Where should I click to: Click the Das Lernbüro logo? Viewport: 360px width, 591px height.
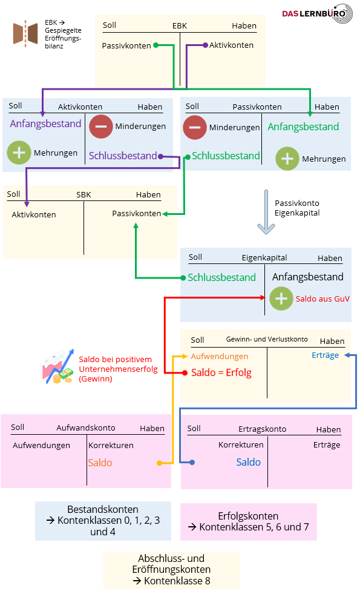(318, 14)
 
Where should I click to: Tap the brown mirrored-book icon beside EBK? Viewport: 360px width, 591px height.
(25, 33)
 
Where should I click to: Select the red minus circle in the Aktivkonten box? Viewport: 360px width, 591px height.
(101, 127)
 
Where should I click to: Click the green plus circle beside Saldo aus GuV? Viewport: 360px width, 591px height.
(281, 299)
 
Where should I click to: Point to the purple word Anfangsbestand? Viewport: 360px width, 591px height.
(45, 124)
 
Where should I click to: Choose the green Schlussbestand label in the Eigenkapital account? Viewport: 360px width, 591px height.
(222, 277)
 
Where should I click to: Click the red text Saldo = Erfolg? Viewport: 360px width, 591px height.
(221, 372)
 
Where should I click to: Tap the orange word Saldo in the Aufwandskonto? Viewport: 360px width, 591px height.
(100, 463)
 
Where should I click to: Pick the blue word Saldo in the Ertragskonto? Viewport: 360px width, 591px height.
(249, 462)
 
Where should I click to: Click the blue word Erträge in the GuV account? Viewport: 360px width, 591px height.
(326, 355)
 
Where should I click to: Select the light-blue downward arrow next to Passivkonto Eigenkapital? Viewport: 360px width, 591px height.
(266, 212)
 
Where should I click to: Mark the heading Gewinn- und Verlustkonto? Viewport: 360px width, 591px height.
(267, 339)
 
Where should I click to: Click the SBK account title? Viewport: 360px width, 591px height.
(83, 194)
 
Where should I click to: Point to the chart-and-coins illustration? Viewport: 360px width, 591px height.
(57, 366)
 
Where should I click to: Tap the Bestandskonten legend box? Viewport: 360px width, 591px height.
(103, 521)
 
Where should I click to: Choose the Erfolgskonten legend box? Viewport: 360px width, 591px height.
(249, 521)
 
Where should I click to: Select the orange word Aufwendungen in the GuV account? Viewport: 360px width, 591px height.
(220, 356)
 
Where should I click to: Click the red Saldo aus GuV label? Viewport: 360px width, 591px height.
(322, 299)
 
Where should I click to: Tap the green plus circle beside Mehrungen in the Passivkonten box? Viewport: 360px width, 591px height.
(287, 159)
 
